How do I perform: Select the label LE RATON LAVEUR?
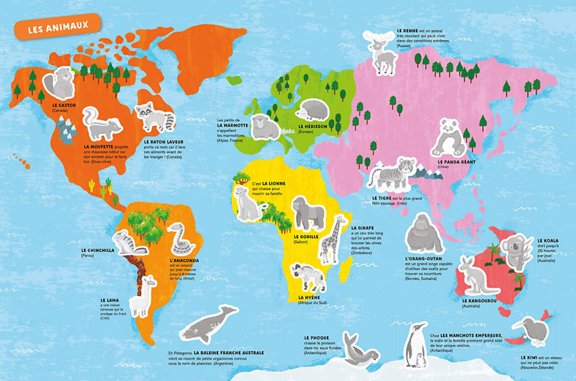[163, 142]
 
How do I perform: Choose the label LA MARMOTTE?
[233, 125]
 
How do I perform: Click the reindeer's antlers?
[378, 36]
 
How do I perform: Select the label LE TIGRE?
[382, 198]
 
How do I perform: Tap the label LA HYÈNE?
[309, 297]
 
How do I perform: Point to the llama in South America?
[143, 297]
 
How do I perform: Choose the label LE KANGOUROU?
[479, 301]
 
